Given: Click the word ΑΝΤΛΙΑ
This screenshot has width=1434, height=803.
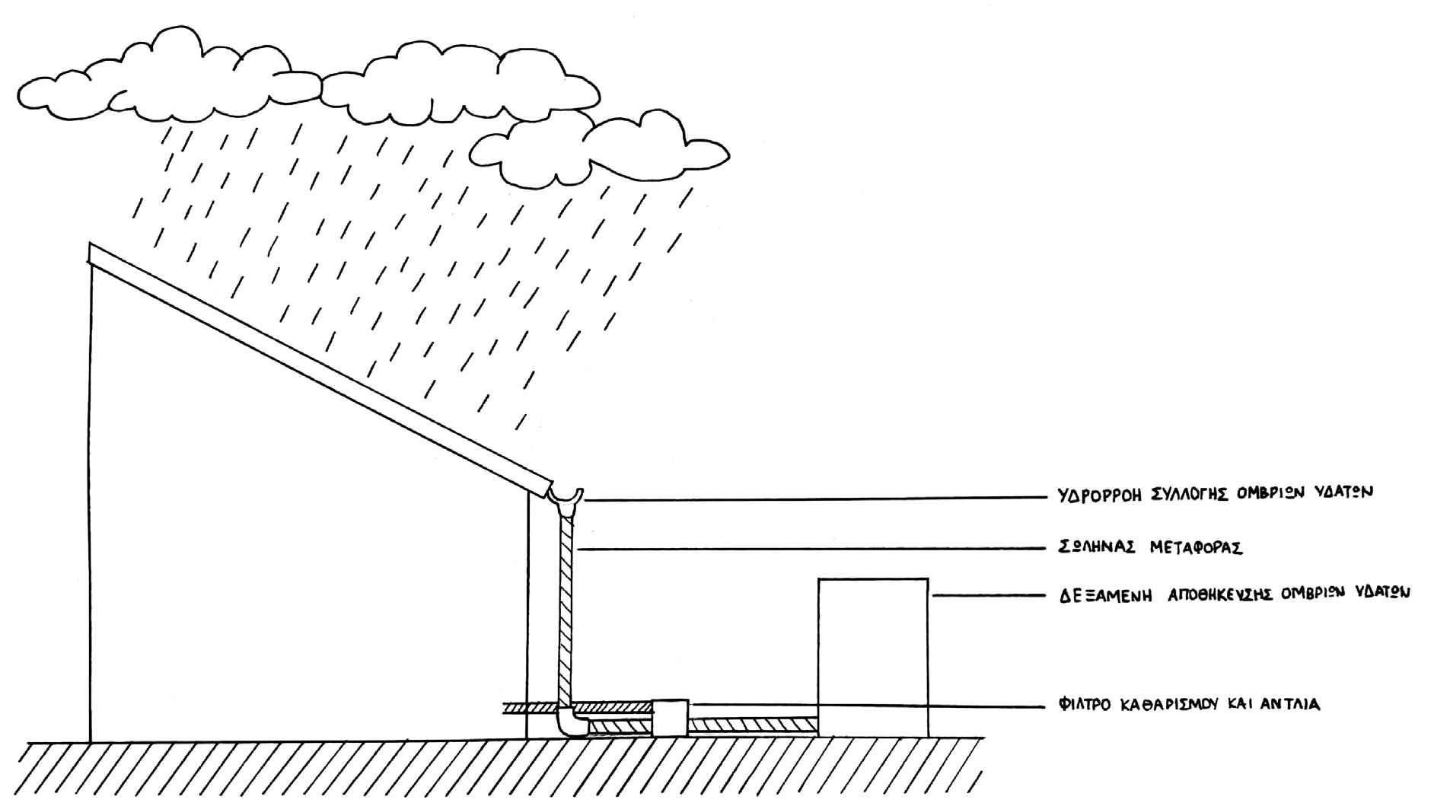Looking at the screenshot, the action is [1291, 704].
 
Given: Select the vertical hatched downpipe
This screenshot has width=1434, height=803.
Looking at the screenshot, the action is [566, 610].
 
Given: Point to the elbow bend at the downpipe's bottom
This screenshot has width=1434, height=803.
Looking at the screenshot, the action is [570, 722].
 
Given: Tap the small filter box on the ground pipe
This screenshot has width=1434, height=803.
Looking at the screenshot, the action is [671, 718].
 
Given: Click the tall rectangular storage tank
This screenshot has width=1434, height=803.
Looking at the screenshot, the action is [873, 658].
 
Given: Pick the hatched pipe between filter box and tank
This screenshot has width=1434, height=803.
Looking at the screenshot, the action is [753, 725].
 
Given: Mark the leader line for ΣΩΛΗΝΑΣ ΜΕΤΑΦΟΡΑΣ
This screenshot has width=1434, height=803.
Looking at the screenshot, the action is [811, 548].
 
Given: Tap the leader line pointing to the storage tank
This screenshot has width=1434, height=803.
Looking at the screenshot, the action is [989, 596].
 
